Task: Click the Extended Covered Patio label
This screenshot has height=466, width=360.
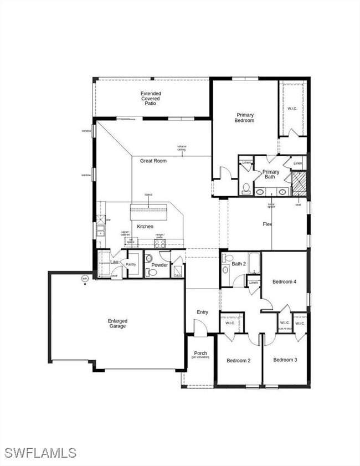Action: coord(151,99)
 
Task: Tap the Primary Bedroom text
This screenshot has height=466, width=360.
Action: coord(245,117)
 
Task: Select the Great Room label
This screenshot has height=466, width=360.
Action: coord(153,161)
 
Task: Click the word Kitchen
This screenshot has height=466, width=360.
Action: coord(145,226)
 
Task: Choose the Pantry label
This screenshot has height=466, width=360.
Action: coord(131,264)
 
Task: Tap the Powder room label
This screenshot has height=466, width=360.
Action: coord(160,265)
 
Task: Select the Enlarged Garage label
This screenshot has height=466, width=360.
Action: coord(117,324)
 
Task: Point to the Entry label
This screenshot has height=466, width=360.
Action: coord(202,312)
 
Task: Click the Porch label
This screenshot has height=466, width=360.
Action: coord(200,354)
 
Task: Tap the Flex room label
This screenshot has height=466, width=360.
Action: coord(267,224)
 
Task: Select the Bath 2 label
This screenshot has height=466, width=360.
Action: coord(238,264)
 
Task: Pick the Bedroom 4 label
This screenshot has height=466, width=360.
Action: coord(285,281)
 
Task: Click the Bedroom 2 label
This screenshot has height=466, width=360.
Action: coord(238,360)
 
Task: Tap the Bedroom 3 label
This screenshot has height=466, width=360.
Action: coord(285,360)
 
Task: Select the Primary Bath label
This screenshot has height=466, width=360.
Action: coord(271,175)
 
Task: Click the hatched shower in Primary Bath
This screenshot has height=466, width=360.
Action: coord(299,183)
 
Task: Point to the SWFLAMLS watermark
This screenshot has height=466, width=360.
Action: coord(39,453)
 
